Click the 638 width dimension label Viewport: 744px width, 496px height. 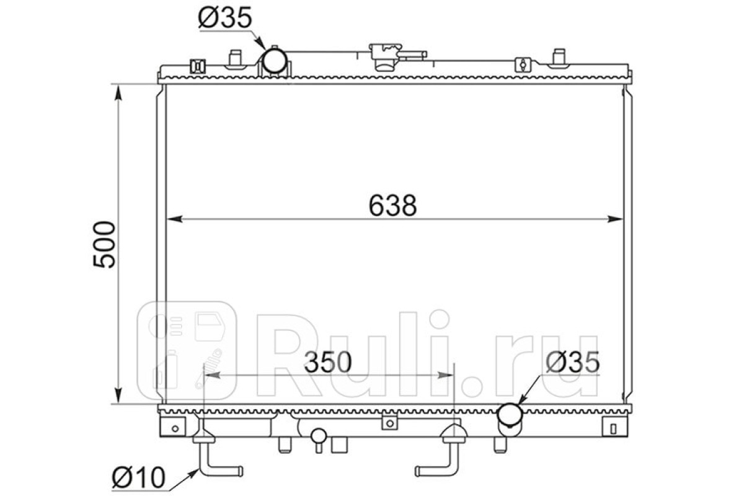click(392, 206)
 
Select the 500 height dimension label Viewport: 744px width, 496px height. click(104, 245)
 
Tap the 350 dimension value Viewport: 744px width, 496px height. click(327, 363)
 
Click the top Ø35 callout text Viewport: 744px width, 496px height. click(225, 17)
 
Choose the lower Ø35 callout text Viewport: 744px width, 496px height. click(573, 362)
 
